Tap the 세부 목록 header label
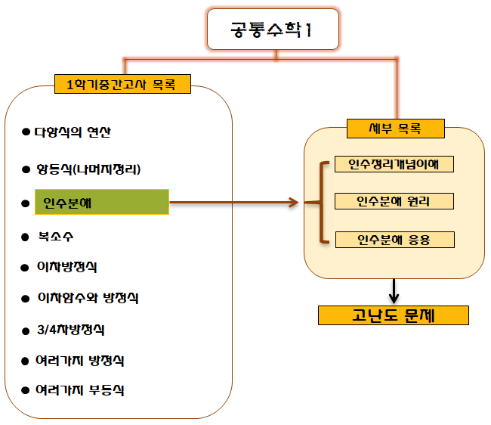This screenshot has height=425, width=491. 395,129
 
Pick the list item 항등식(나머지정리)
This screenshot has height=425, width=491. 88,169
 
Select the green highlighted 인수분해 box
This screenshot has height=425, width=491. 101,203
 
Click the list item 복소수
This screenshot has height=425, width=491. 57,236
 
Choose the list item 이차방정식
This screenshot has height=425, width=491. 67,267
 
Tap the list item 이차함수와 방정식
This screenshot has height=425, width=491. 88,298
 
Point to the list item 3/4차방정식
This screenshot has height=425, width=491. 70,330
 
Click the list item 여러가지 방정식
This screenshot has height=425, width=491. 79,360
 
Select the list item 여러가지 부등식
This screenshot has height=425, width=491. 79,390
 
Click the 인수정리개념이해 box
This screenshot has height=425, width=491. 394,164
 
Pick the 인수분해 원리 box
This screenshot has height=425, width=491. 394,201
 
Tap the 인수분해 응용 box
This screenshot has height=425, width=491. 394,240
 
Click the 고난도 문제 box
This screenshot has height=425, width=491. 394,314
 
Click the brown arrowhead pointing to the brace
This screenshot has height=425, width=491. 292,203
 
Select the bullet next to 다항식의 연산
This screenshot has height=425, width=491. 26,132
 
